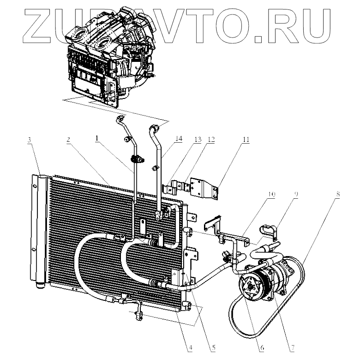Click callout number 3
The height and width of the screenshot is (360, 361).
coord(29,140)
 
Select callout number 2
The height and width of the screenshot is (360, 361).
coord(68,140)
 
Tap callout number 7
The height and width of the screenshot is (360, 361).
coord(292,348)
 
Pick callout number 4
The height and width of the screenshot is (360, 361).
coord(191,348)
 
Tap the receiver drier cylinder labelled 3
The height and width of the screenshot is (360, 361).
coord(40,230)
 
